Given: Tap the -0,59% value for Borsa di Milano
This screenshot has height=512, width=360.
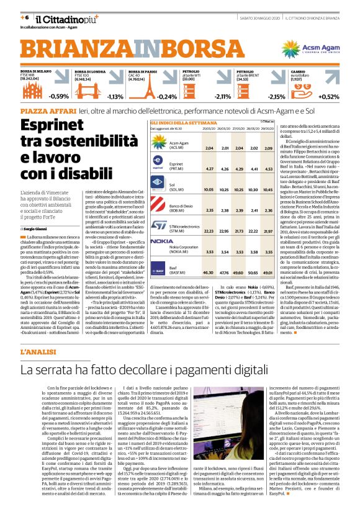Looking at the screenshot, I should pyautogui.click(x=59, y=96).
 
